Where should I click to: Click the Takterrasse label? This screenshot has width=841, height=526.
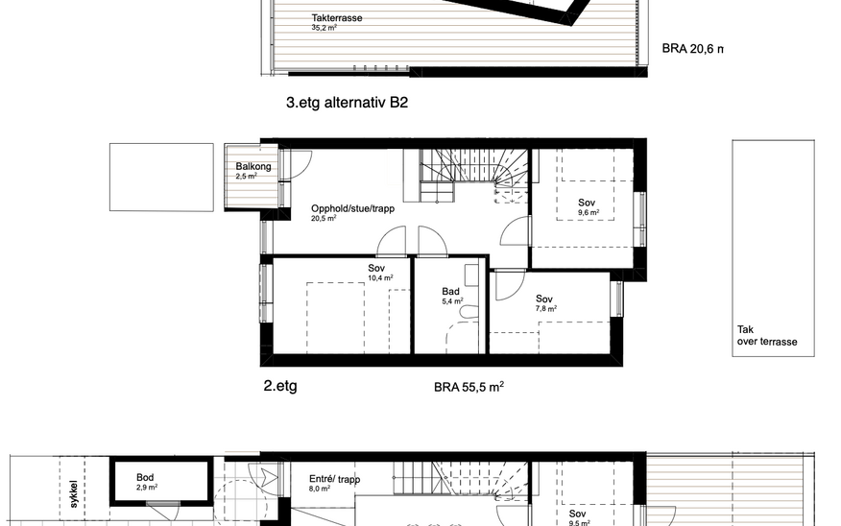pos(337,17)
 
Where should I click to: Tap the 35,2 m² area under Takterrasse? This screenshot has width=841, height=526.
pos(324,27)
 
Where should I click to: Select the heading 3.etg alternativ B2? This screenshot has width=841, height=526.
pos(347,102)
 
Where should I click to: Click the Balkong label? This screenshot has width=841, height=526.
pos(253,166)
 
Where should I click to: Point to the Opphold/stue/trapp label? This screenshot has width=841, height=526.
pos(353,208)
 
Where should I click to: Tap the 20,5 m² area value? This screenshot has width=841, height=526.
pos(324,218)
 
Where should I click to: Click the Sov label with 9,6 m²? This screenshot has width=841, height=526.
pos(587,203)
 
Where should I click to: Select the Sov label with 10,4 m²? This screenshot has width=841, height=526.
pos(376,268)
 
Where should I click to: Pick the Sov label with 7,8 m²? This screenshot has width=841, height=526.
pos(543,299)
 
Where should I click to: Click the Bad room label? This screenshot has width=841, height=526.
pos(450,291)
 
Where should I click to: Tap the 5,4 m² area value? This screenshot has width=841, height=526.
pos(453,301)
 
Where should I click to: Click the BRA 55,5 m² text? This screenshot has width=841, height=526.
pos(469,387)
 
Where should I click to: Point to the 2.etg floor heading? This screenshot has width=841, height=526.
pos(280,386)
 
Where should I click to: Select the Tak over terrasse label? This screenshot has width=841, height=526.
pos(767,336)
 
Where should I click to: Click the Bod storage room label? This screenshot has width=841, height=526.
pos(145,477)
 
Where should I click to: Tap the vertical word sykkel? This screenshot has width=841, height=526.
pos(74,493)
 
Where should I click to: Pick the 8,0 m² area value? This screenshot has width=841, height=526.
pos(320,489)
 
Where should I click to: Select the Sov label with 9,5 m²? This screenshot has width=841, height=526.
pos(577,514)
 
